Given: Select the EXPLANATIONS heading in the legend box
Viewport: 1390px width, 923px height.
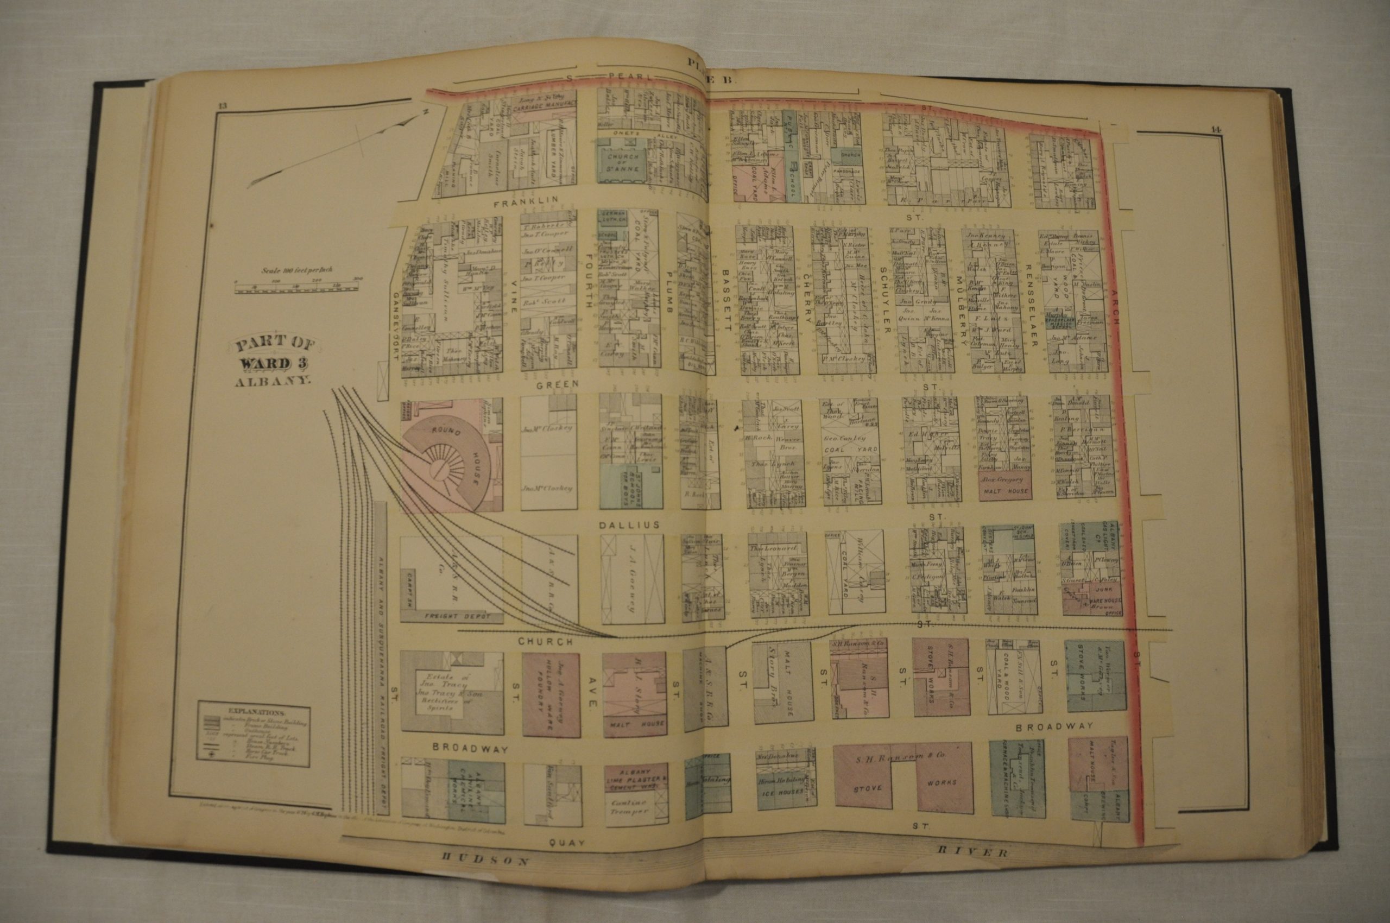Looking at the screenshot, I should click(x=252, y=712).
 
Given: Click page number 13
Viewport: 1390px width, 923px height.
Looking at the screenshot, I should click(x=222, y=106).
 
